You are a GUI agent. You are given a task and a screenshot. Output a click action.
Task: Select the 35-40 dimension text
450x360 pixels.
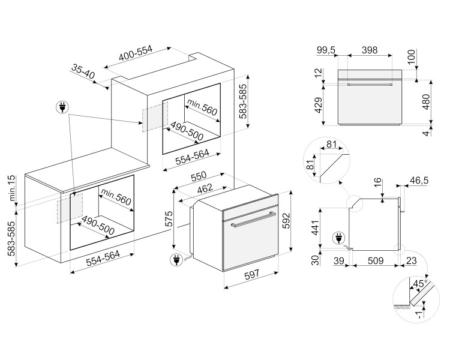click(x=83, y=72)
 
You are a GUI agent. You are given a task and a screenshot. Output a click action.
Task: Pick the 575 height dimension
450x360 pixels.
click(x=169, y=220)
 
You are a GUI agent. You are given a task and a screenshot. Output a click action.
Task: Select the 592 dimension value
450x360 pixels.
click(x=302, y=220)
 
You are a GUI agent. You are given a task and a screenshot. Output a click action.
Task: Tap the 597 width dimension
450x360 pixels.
click(x=253, y=290)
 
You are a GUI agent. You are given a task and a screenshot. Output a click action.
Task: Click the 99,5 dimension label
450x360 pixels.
click(x=326, y=50)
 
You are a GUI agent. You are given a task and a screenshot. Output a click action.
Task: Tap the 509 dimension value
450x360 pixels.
click(x=374, y=261)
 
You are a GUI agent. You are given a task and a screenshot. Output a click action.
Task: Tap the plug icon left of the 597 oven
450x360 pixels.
click(x=176, y=260)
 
